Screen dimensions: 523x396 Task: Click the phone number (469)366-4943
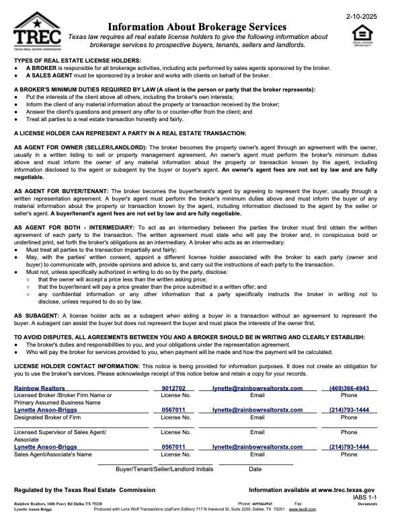click(x=349, y=388)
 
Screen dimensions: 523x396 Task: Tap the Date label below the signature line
click(x=255, y=468)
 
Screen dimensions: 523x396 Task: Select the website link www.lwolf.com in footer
click(x=302, y=509)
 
